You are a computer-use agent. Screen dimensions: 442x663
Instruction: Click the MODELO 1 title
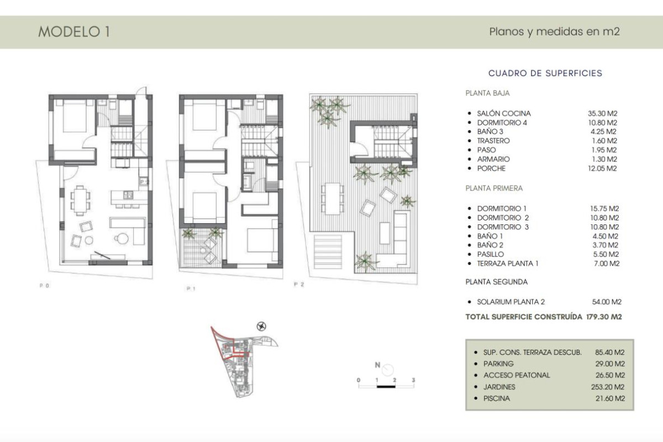click(x=74, y=32)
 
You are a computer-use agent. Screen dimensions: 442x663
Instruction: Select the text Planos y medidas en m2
click(x=554, y=31)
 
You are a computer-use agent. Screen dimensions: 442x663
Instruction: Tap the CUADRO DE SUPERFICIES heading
click(x=545, y=73)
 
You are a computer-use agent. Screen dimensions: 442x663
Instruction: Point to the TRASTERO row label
click(x=493, y=141)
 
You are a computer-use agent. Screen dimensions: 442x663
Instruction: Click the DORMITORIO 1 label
click(x=502, y=209)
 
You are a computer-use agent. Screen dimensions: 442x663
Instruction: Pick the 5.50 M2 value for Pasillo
click(x=604, y=254)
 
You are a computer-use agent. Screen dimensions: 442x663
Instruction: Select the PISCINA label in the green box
click(x=497, y=398)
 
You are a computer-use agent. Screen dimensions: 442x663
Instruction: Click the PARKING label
click(x=498, y=364)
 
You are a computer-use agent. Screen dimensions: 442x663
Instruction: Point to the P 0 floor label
click(x=45, y=286)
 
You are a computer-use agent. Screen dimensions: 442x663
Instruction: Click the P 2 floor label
click(x=299, y=285)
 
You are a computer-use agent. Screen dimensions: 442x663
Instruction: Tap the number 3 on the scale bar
click(x=413, y=380)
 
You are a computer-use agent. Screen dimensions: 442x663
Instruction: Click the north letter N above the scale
click(x=377, y=365)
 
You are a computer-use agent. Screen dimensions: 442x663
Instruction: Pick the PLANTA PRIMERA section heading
click(x=494, y=188)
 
